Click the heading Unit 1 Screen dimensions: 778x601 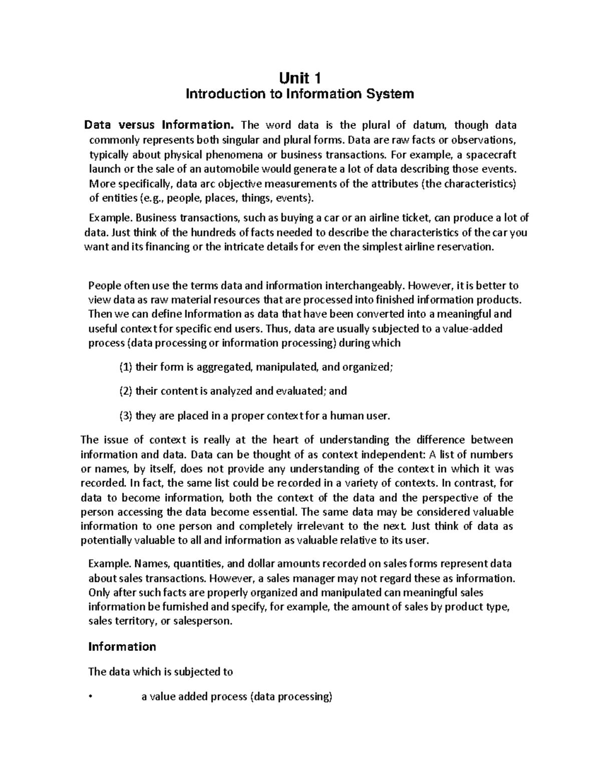[300, 78]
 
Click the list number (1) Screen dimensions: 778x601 [126, 367]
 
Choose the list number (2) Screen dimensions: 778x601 [126, 391]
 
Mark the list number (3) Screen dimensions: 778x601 [126, 415]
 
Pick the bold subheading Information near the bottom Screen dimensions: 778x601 [122, 647]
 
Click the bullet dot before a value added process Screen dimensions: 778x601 [90, 697]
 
